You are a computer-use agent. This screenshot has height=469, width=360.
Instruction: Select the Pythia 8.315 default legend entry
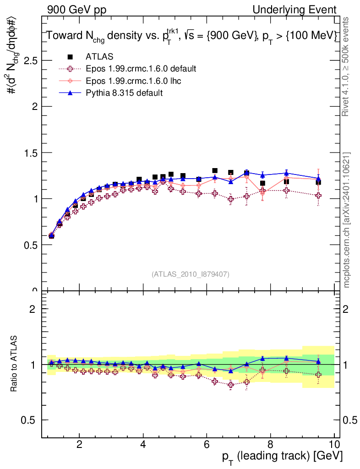pyautogui.click(x=124, y=93)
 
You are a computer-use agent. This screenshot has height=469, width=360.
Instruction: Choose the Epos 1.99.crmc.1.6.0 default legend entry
pyautogui.click(x=141, y=69)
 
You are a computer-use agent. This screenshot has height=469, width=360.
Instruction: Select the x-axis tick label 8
pyautogui.click(x=270, y=444)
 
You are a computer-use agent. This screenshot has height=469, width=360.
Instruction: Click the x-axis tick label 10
pyautogui.click(x=334, y=444)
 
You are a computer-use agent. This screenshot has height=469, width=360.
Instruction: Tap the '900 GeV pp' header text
pyautogui.click(x=76, y=10)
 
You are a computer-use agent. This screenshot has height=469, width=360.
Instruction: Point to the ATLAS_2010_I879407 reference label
pyautogui.click(x=191, y=274)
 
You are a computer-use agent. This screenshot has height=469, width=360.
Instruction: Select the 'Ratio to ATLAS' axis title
pyautogui.click(x=15, y=365)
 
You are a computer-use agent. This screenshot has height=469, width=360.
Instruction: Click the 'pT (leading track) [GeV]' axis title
pyautogui.click(x=282, y=456)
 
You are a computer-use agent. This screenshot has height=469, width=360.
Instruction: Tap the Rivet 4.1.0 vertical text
pyautogui.click(x=347, y=67)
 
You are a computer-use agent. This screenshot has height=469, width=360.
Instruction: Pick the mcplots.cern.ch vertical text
pyautogui.click(x=347, y=220)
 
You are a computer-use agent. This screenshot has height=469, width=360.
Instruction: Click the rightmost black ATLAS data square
pyautogui.click(x=318, y=182)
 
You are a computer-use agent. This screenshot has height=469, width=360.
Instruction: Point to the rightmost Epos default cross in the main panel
pyautogui.click(x=318, y=196)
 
